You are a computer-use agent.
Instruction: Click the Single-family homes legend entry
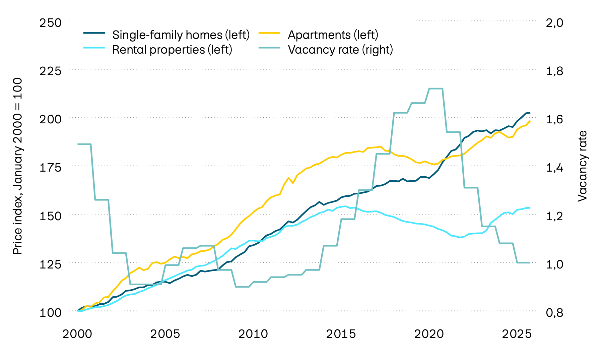(x=181, y=35)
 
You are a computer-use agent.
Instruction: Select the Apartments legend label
(x=333, y=35)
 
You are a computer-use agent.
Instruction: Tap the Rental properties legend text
(x=172, y=50)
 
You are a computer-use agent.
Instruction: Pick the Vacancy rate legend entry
(x=340, y=50)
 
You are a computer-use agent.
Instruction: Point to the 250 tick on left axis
(x=51, y=23)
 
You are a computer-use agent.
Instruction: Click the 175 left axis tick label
(x=51, y=167)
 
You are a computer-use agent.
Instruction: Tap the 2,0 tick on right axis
(x=555, y=23)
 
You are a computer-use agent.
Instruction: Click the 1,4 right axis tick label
(x=555, y=167)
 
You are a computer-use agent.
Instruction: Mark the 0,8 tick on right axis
(x=555, y=312)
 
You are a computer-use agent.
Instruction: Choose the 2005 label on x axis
(x=165, y=334)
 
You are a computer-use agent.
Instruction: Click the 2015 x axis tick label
(x=341, y=334)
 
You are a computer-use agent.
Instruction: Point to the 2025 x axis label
(x=517, y=334)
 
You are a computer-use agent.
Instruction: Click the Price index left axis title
(x=17, y=166)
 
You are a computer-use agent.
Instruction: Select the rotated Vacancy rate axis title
(x=583, y=166)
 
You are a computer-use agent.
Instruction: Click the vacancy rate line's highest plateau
(x=435, y=88)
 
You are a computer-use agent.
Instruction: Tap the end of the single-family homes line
(x=530, y=113)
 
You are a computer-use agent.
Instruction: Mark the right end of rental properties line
(x=530, y=208)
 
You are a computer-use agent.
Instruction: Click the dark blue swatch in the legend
(x=94, y=34)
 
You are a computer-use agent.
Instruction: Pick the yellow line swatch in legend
(x=270, y=34)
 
